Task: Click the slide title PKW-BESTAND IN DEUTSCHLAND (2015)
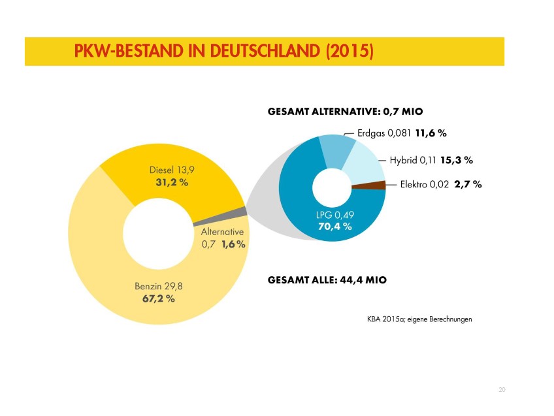click(x=223, y=51)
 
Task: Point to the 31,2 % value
click(x=172, y=182)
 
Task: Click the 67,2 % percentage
click(x=158, y=298)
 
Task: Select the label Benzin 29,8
click(x=158, y=285)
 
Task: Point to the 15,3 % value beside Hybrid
click(x=457, y=159)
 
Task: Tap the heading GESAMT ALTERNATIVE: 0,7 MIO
click(x=340, y=112)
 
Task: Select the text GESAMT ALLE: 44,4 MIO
click(x=327, y=280)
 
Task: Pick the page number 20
click(x=501, y=390)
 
